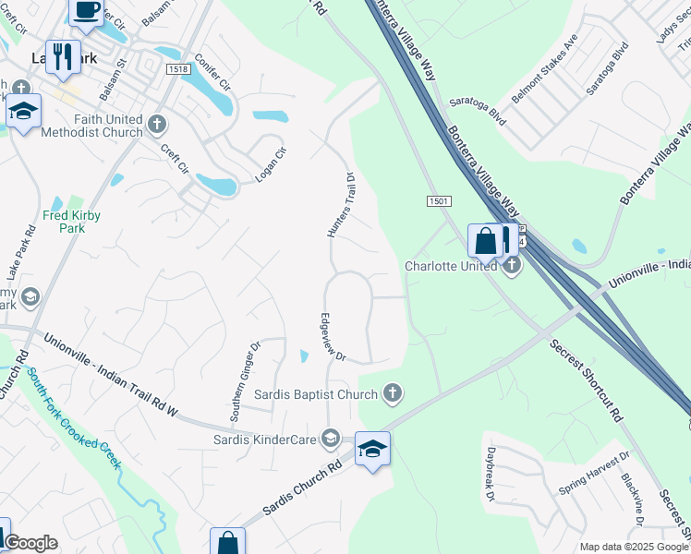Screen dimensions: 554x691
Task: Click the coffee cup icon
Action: tap(87, 11)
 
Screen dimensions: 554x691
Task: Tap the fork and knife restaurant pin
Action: tap(63, 56)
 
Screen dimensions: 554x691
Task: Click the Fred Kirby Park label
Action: tap(71, 222)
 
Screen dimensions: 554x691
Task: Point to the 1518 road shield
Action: tap(179, 69)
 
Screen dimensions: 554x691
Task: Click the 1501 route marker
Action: tap(439, 201)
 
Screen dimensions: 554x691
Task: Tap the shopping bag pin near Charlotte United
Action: tap(485, 242)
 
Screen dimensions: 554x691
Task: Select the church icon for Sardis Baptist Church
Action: tap(393, 394)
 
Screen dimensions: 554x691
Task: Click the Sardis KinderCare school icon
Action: tap(331, 439)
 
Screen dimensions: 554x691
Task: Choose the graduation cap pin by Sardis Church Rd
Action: tap(372, 450)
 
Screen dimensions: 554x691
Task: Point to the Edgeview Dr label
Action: tap(332, 336)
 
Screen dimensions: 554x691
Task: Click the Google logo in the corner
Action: tap(30, 543)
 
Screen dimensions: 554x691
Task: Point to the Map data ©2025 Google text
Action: tap(634, 547)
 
